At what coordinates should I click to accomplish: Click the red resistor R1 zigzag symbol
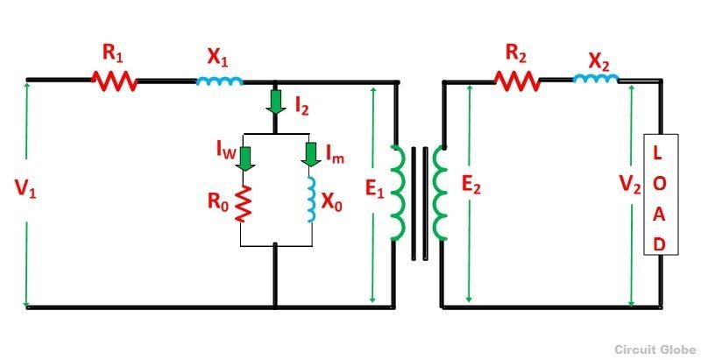(x=115, y=81)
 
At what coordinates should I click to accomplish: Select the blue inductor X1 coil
(x=218, y=81)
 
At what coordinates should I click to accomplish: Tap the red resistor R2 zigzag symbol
(x=516, y=81)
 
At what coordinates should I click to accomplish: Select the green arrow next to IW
(x=246, y=159)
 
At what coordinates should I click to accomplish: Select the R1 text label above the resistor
(x=113, y=52)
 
